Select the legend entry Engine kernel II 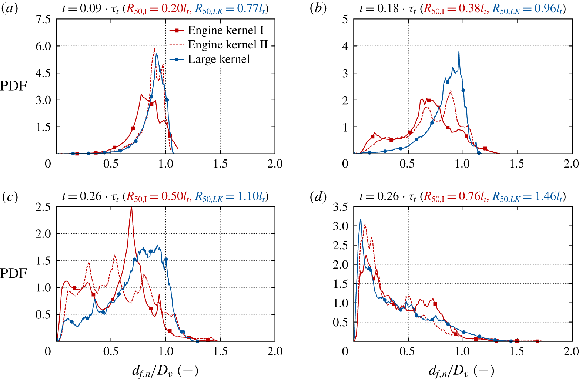point(228,45)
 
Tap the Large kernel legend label point(219,59)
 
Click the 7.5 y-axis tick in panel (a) point(43,19)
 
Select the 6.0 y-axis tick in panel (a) point(43,46)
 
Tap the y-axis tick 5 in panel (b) point(345,19)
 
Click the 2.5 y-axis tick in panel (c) point(43,207)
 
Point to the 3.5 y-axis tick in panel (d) point(340,207)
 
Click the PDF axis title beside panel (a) point(14,86)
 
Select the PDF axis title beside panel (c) point(14,274)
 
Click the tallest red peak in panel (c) point(131,208)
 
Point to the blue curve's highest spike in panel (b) point(459,51)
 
